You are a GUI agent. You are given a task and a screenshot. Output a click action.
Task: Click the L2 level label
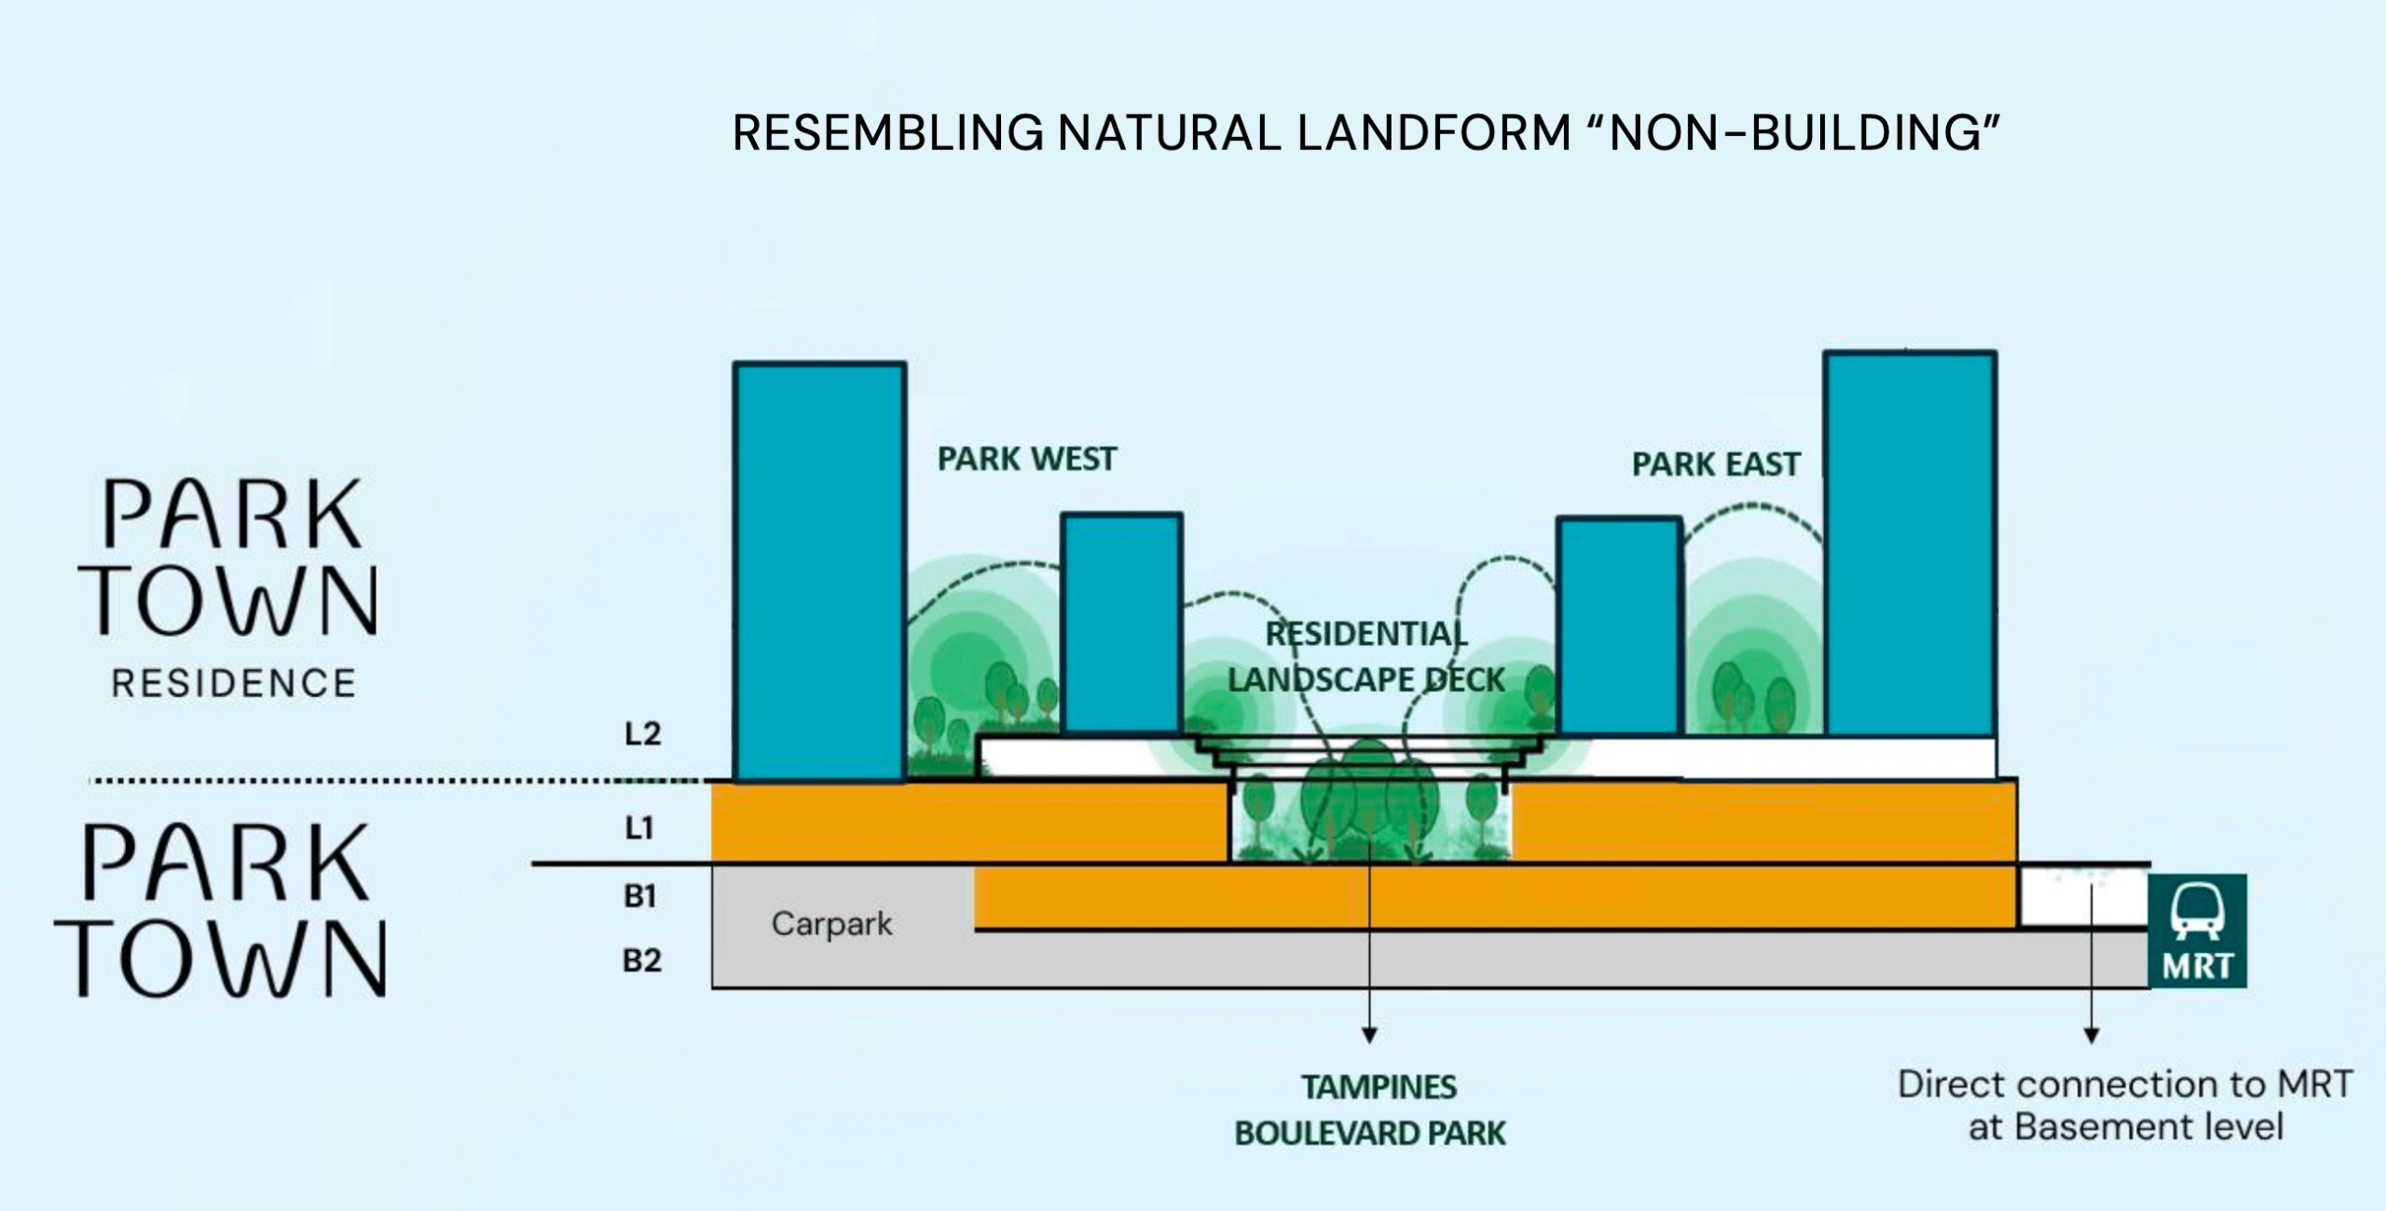pyautogui.click(x=642, y=734)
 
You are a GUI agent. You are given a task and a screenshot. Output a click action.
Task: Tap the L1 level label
pyautogui.click(x=639, y=827)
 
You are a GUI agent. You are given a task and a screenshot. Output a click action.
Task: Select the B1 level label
pyautogui.click(x=640, y=896)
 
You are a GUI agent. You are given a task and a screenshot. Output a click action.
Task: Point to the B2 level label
pyautogui.click(x=641, y=960)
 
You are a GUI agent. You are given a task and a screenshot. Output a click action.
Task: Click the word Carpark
pyautogui.click(x=831, y=924)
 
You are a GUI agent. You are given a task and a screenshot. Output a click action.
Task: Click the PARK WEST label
pyautogui.click(x=1026, y=459)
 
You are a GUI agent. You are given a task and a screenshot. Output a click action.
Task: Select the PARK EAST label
pyautogui.click(x=1715, y=464)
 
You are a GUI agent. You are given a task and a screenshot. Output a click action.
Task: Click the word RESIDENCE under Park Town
pyautogui.click(x=234, y=683)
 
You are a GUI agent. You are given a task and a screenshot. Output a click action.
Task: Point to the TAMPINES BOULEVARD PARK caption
pyautogui.click(x=1369, y=1110)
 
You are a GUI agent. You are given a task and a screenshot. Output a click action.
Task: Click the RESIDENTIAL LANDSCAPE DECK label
pyautogui.click(x=1365, y=657)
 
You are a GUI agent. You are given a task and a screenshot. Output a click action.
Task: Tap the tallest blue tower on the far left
pyautogui.click(x=819, y=571)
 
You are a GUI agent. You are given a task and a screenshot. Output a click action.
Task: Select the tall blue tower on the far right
pyautogui.click(x=1910, y=543)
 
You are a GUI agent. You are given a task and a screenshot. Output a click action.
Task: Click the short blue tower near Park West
pyautogui.click(x=1122, y=622)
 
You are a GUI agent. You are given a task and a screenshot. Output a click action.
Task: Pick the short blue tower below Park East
pyautogui.click(x=1619, y=626)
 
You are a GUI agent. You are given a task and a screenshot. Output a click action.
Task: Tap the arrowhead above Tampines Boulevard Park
pyautogui.click(x=1369, y=1035)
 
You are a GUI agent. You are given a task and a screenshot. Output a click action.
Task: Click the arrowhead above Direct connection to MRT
pyautogui.click(x=2091, y=1035)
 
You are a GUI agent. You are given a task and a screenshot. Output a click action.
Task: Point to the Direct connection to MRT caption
pyautogui.click(x=2126, y=1106)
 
